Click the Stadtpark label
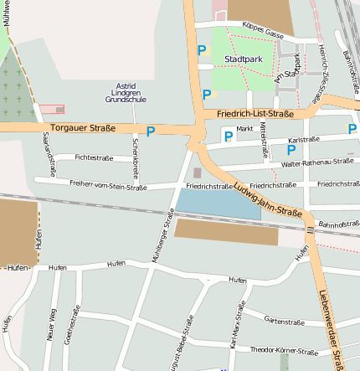pyautogui.click(x=244, y=59)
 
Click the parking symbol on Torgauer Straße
pyautogui.click(x=151, y=131)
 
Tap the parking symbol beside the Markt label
pyautogui.click(x=228, y=136)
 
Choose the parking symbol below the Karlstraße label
pyautogui.click(x=291, y=150)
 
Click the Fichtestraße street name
pyautogui.click(x=94, y=157)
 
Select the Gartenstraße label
pyautogui.click(x=284, y=321)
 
